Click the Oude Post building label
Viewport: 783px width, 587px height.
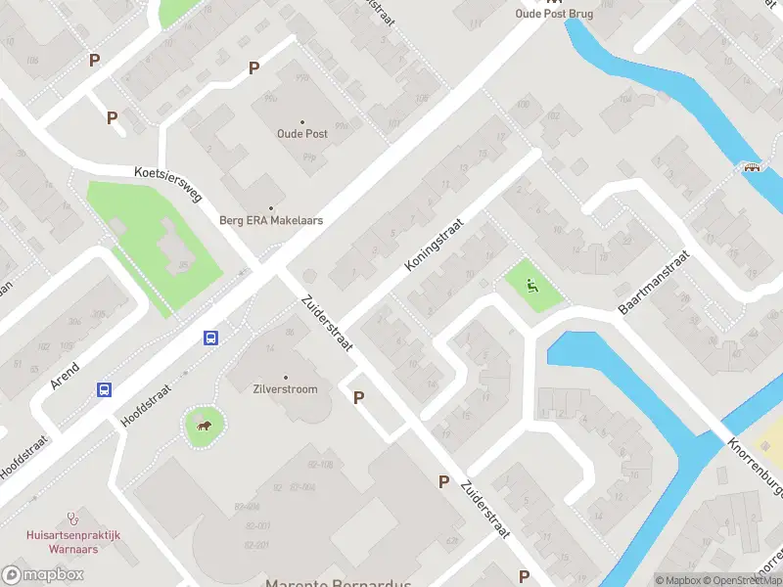pyautogui.click(x=302, y=133)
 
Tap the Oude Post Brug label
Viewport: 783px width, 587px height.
pyautogui.click(x=555, y=13)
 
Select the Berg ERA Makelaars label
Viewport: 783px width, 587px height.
pyautogui.click(x=271, y=220)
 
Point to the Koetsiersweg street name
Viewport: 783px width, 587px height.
pyautogui.click(x=168, y=184)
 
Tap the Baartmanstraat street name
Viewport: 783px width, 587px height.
pyautogui.click(x=654, y=283)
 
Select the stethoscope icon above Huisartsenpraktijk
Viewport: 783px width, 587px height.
pyautogui.click(x=71, y=518)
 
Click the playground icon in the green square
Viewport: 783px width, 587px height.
pyautogui.click(x=531, y=287)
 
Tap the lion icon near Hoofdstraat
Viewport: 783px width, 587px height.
pyautogui.click(x=205, y=425)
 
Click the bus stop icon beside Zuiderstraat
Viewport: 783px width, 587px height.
pyautogui.click(x=210, y=338)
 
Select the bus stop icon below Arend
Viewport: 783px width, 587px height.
pyautogui.click(x=104, y=389)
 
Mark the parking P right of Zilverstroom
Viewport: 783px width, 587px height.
pyautogui.click(x=358, y=397)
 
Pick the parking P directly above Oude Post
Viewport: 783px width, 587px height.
pyautogui.click(x=253, y=68)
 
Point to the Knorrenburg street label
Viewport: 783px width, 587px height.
pyautogui.click(x=755, y=456)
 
